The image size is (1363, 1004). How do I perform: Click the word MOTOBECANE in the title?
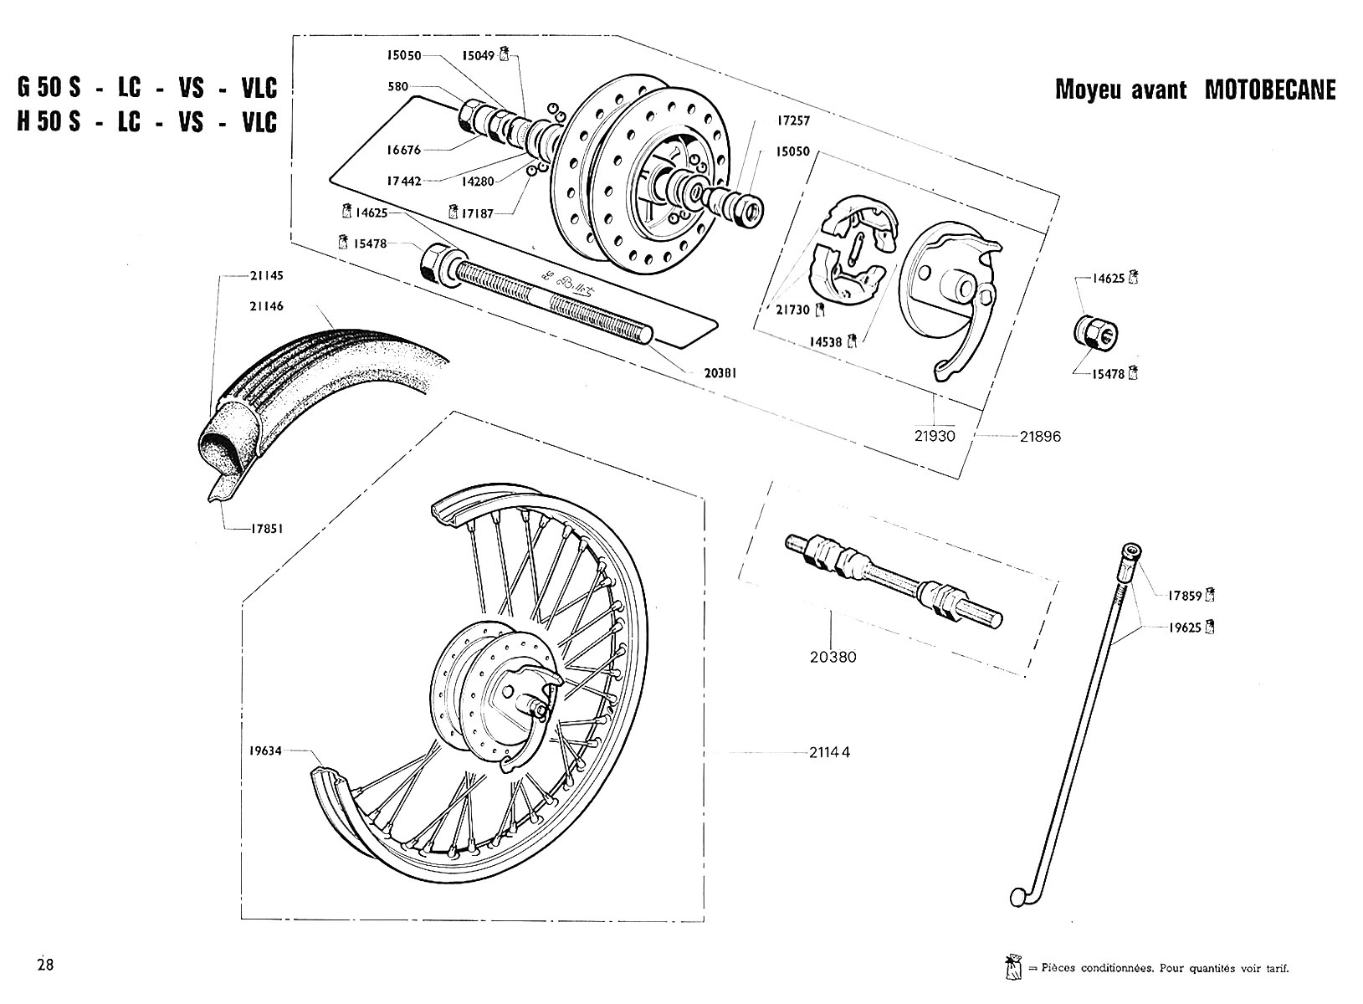[1269, 90]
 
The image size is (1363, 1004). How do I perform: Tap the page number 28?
[45, 964]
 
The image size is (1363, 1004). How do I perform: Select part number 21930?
[935, 435]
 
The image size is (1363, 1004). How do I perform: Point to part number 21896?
[1040, 435]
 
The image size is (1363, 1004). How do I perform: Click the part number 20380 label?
[833, 657]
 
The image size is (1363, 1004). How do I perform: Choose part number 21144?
[830, 751]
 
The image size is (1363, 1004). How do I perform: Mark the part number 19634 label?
[266, 751]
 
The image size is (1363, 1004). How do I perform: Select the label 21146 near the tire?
[266, 306]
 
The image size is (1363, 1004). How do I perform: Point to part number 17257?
[792, 120]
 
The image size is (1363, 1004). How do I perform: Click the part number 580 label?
[398, 86]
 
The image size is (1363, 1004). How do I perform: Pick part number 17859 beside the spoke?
[1185, 596]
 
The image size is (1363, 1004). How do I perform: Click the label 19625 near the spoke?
[1185, 626]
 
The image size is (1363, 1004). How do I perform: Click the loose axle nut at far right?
[1096, 333]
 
